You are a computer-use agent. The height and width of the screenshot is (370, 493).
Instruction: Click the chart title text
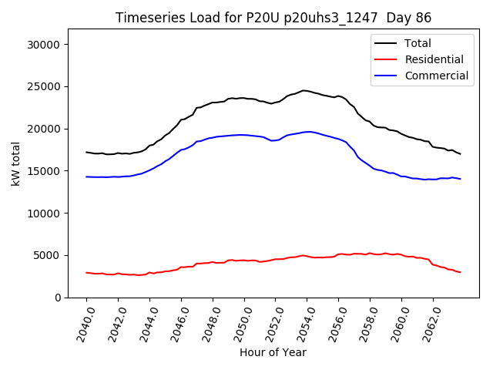pyautogui.click(x=273, y=18)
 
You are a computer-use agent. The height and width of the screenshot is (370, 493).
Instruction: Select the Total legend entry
pyautogui.click(x=418, y=43)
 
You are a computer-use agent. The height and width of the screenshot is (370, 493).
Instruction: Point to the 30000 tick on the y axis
pyautogui.click(x=45, y=45)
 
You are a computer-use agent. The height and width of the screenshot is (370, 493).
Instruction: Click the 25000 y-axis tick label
pyautogui.click(x=45, y=86)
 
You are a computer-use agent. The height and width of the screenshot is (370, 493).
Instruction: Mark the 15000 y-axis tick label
pyautogui.click(x=45, y=171)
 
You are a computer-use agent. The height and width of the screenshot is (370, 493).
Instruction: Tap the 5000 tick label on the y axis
pyautogui.click(x=48, y=255)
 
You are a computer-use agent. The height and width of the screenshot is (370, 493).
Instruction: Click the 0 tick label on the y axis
pyautogui.click(x=58, y=298)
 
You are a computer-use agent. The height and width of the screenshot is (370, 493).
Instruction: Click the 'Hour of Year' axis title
pyautogui.click(x=273, y=352)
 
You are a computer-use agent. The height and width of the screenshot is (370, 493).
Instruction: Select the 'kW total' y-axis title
pyautogui.click(x=15, y=164)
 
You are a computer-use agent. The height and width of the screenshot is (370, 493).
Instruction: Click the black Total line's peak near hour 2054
pyautogui.click(x=304, y=90)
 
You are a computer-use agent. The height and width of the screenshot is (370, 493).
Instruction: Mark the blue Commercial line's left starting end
pyautogui.click(x=86, y=177)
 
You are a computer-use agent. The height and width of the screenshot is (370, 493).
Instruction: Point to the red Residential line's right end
pyautogui.click(x=460, y=272)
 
